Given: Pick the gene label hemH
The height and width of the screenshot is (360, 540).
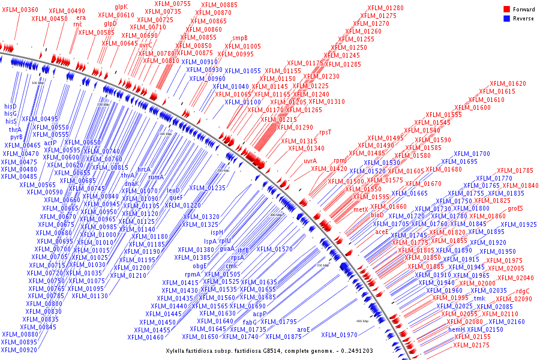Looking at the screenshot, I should (x=457, y=329).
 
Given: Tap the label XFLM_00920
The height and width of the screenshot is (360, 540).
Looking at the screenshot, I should (x=19, y=350).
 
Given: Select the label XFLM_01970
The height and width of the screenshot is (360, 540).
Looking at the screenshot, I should (x=339, y=335).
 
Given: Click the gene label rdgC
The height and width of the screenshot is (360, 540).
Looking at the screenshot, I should (x=523, y=291).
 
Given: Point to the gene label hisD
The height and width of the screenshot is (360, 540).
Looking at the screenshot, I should (x=10, y=106).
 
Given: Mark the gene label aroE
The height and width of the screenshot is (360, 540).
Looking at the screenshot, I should (x=304, y=329).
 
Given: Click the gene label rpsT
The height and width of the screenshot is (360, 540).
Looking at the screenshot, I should (x=325, y=132).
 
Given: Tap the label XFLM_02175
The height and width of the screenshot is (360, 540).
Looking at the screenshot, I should (x=472, y=345).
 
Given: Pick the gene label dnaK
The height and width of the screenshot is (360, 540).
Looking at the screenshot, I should (x=131, y=184).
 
